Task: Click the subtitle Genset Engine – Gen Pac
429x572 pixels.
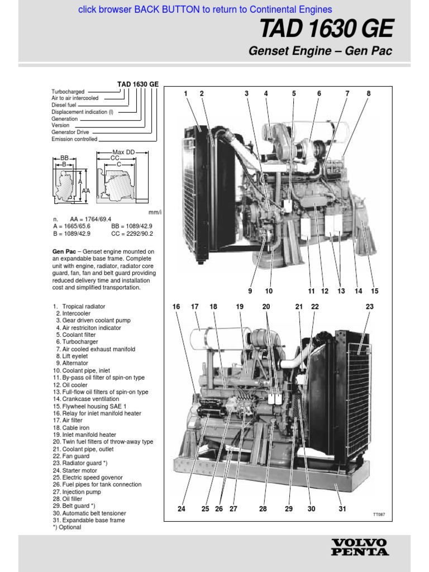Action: pos(320,51)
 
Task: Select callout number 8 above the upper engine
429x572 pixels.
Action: pos(369,94)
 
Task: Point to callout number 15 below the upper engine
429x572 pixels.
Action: pos(374,291)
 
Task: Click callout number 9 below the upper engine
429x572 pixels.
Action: pos(250,291)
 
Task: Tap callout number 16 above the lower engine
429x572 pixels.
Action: pos(177,307)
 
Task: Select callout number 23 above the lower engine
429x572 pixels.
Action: pos(369,307)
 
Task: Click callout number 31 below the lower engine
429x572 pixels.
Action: pos(342,509)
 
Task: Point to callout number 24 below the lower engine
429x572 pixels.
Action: pos(181,509)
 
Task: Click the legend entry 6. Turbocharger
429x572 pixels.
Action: pos(77,342)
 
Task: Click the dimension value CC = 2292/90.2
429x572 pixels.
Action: pos(132,234)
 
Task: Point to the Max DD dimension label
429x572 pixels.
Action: pos(123,152)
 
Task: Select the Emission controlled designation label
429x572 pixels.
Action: pos(74,139)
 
